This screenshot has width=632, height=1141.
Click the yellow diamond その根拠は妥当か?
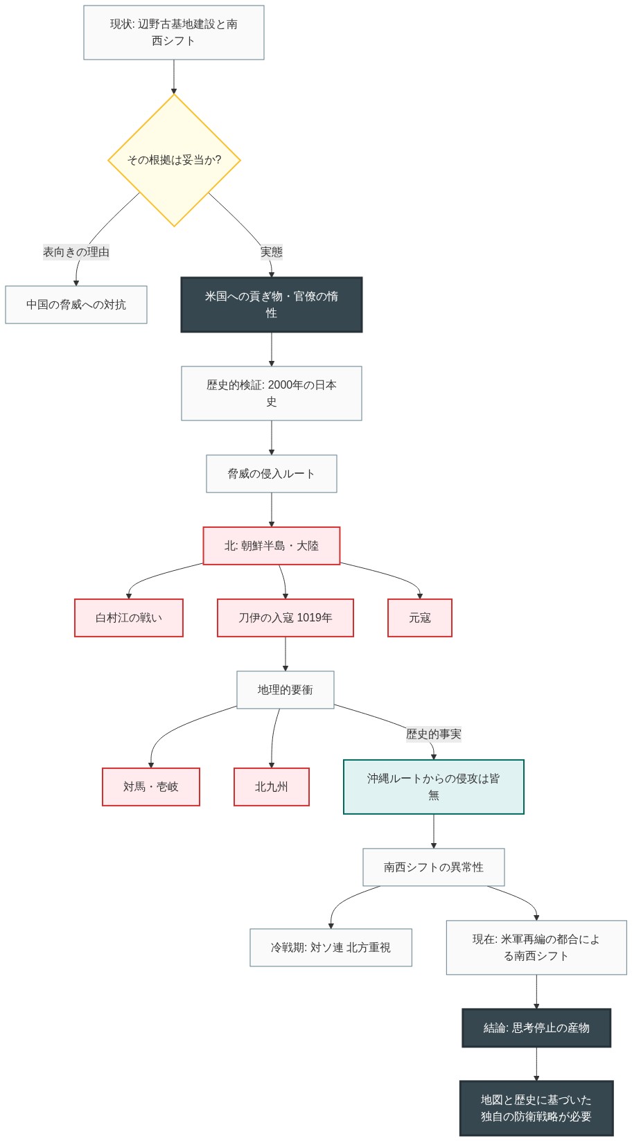point(174,160)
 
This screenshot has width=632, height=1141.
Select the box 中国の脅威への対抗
point(76,305)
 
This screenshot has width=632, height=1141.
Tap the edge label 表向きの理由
point(76,252)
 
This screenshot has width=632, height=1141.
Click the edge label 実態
point(271,252)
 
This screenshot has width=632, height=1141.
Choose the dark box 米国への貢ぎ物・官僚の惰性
point(271,305)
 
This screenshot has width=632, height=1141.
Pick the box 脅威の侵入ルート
point(271,474)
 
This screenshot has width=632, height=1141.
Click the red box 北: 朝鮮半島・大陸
point(271,546)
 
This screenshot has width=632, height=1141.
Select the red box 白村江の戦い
point(129,618)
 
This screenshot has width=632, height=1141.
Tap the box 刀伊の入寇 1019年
point(285,618)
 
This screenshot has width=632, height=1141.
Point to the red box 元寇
point(419,618)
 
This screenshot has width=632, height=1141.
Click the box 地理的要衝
point(285,690)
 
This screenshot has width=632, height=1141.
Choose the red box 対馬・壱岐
point(151,787)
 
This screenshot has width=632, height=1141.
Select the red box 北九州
point(271,787)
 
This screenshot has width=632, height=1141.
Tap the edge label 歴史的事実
point(433,734)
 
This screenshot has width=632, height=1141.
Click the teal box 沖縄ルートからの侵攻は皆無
point(433,787)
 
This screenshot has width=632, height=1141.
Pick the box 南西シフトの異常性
point(433,867)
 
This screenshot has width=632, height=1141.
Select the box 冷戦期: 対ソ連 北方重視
point(331,948)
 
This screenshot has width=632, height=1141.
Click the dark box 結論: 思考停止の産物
point(536,1028)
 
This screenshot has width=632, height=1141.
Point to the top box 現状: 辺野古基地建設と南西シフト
point(174,33)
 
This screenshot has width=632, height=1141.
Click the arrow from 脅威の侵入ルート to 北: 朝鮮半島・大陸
point(271,510)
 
